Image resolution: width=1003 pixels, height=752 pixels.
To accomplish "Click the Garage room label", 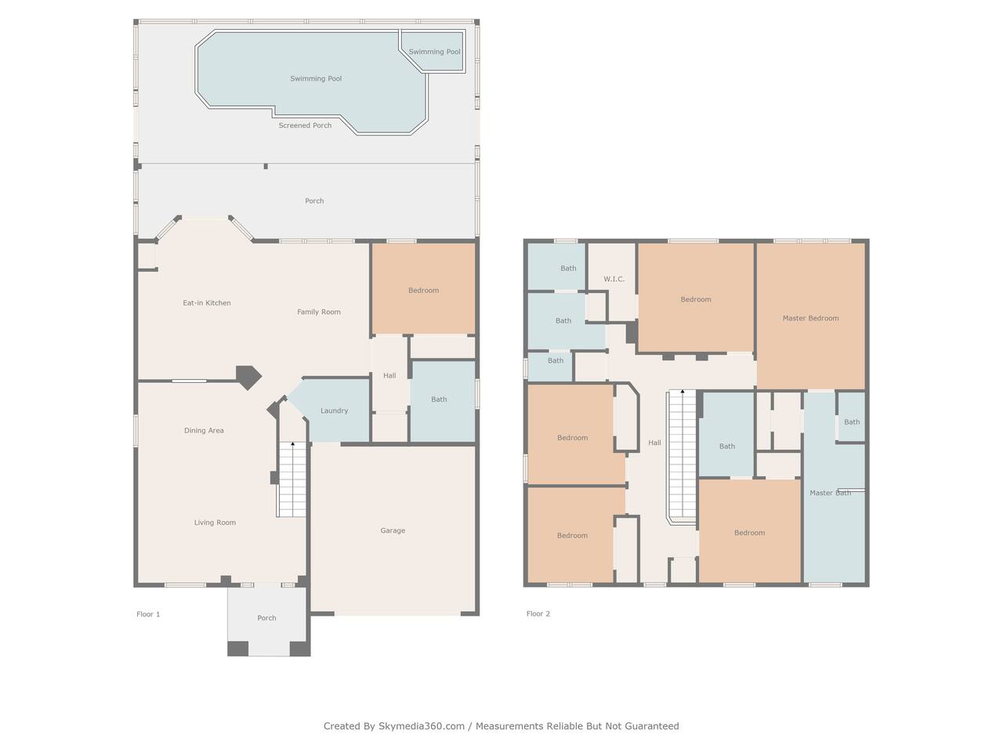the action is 393,530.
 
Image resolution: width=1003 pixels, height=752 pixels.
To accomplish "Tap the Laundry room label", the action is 334,411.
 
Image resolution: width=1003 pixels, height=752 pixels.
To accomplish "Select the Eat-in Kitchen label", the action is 207,302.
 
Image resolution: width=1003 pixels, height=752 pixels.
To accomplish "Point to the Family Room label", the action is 318,313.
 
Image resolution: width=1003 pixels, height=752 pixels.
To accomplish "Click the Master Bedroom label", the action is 810,318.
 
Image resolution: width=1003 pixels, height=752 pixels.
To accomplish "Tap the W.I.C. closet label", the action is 614,279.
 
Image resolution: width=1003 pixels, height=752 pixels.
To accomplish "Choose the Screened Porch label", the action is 305,125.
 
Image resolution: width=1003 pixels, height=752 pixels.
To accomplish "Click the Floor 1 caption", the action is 148,614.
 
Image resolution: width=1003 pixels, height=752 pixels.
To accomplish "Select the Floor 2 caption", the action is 538,613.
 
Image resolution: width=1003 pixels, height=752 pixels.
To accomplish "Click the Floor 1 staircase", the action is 292,479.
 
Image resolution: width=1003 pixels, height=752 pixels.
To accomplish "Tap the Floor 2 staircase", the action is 683,457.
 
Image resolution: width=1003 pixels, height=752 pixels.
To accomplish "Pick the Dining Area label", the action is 204,431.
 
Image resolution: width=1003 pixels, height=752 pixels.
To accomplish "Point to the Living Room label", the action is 215,522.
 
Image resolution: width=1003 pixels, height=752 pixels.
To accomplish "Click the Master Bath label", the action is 830,493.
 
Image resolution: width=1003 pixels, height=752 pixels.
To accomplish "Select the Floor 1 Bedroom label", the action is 423,291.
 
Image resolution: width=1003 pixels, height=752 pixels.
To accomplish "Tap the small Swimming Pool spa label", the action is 434,52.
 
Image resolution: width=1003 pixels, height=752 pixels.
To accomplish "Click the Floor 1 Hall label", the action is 389,376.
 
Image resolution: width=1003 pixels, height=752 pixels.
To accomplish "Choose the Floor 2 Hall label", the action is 654,443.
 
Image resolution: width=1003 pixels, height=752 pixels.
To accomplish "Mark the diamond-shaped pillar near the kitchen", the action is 248,377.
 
